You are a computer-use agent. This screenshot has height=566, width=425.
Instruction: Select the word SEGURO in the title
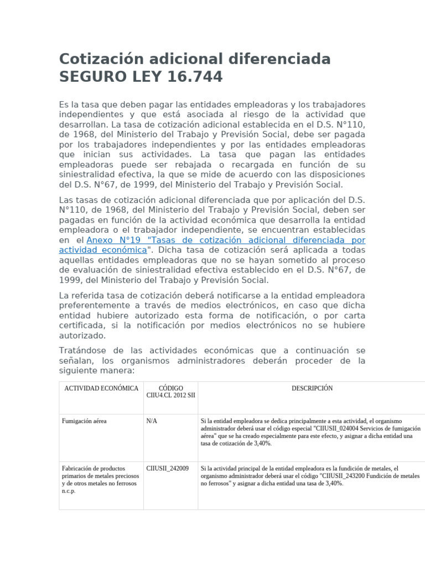pyautogui.click(x=89, y=77)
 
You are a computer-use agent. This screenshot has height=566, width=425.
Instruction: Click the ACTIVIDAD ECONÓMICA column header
pyautogui.click(x=101, y=388)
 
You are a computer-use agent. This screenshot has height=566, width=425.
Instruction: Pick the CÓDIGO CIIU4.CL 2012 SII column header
pyautogui.click(x=170, y=392)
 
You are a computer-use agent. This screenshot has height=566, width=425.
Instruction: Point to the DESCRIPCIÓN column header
pyautogui.click(x=312, y=388)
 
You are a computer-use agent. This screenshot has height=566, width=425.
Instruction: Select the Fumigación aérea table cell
pyautogui.click(x=85, y=421)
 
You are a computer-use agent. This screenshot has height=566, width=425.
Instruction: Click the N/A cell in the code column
pyautogui.click(x=152, y=421)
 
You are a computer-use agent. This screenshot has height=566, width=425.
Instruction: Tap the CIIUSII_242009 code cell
pyautogui.click(x=167, y=468)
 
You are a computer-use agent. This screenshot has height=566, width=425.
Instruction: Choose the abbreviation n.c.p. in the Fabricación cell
pyautogui.click(x=69, y=491)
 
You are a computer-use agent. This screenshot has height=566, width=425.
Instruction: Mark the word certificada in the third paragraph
pyautogui.click(x=83, y=325)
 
